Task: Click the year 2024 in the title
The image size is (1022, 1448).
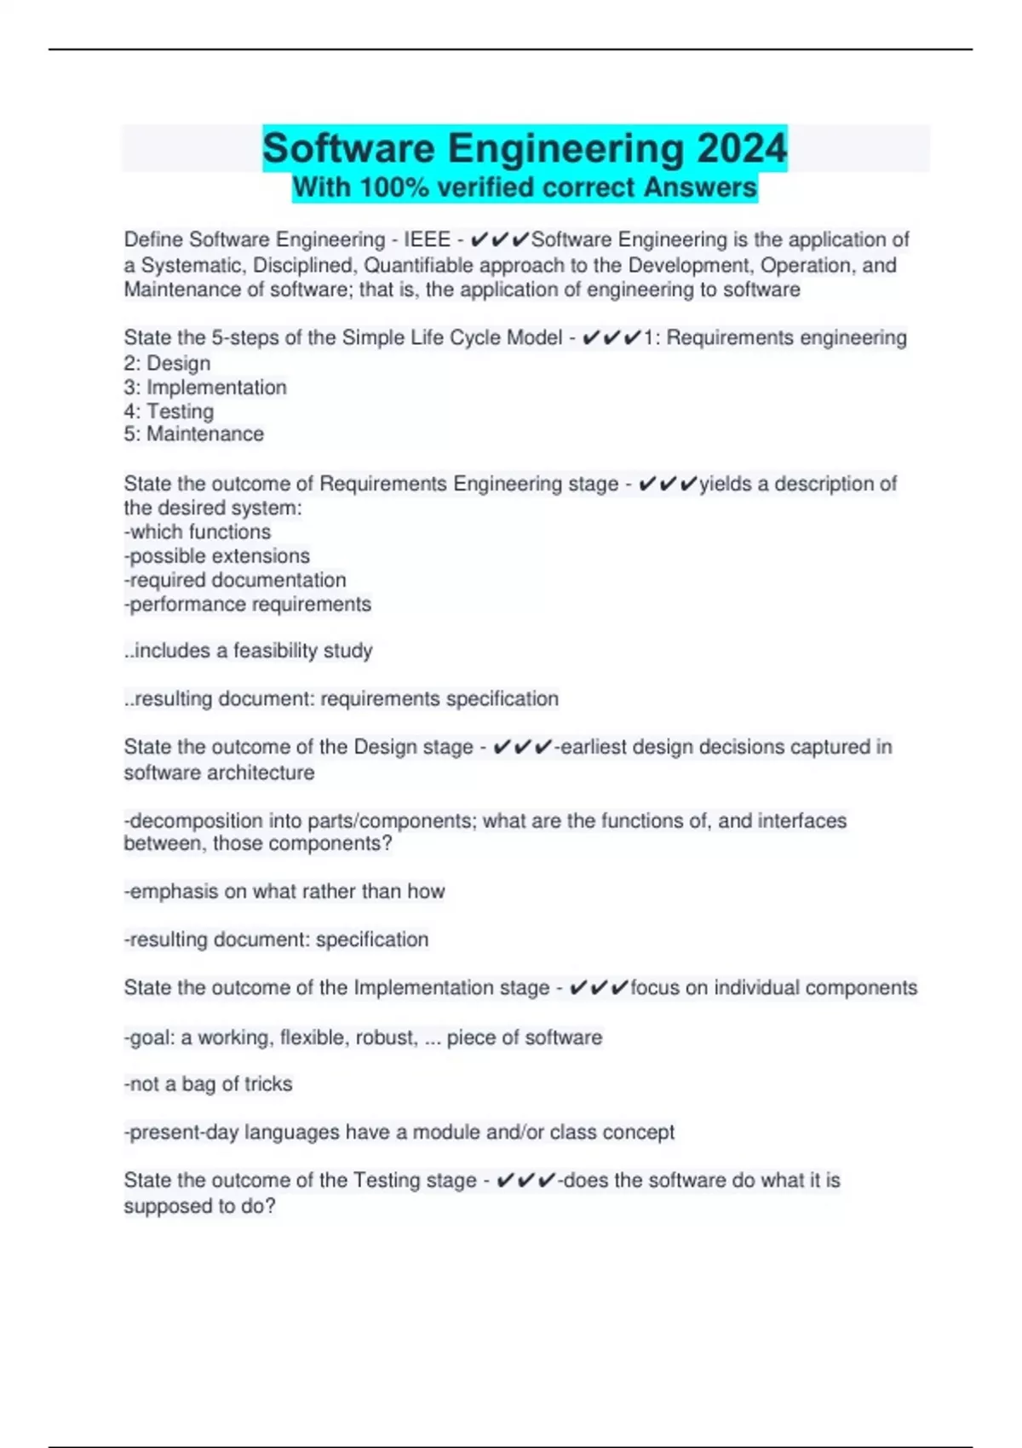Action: pyautogui.click(x=741, y=148)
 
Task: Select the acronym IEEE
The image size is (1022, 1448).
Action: pyautogui.click(x=427, y=240)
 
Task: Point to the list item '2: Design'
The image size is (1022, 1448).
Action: pyautogui.click(x=167, y=364)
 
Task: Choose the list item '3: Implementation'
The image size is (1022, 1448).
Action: pyautogui.click(x=205, y=388)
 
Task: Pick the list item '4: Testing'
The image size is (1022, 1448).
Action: pyautogui.click(x=169, y=411)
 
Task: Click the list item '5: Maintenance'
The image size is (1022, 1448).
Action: pyautogui.click(x=193, y=434)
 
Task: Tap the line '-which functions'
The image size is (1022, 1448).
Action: pyautogui.click(x=198, y=532)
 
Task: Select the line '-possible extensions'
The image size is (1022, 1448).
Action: pyautogui.click(x=217, y=556)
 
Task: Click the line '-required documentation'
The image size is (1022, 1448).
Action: pyautogui.click(x=235, y=580)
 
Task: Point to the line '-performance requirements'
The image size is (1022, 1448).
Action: pyautogui.click(x=248, y=604)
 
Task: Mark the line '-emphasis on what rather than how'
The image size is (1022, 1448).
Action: pyautogui.click(x=284, y=892)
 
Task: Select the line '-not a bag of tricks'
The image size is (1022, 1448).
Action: pyautogui.click(x=209, y=1084)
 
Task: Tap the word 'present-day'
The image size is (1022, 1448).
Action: pyautogui.click(x=183, y=1132)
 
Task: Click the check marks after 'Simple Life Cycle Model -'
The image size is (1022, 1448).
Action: pyautogui.click(x=611, y=338)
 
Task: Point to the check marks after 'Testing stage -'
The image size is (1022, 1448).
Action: pyautogui.click(x=525, y=1181)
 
